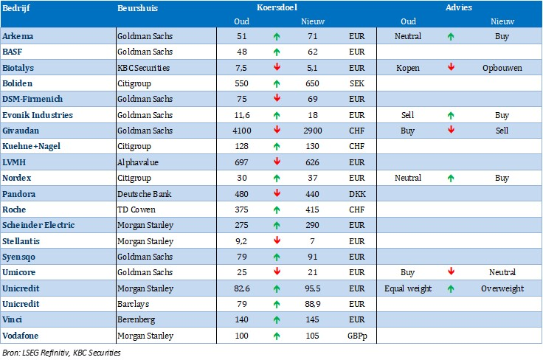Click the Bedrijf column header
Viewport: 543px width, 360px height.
(15, 8)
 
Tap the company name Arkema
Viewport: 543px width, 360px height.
(18, 35)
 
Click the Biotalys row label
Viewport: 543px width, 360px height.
(18, 67)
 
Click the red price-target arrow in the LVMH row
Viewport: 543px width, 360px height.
(275, 162)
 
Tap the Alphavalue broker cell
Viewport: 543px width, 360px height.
(137, 162)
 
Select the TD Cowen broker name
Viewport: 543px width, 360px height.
(135, 210)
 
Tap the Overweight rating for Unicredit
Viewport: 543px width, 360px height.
(502, 288)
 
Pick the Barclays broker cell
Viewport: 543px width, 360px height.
(133, 304)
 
